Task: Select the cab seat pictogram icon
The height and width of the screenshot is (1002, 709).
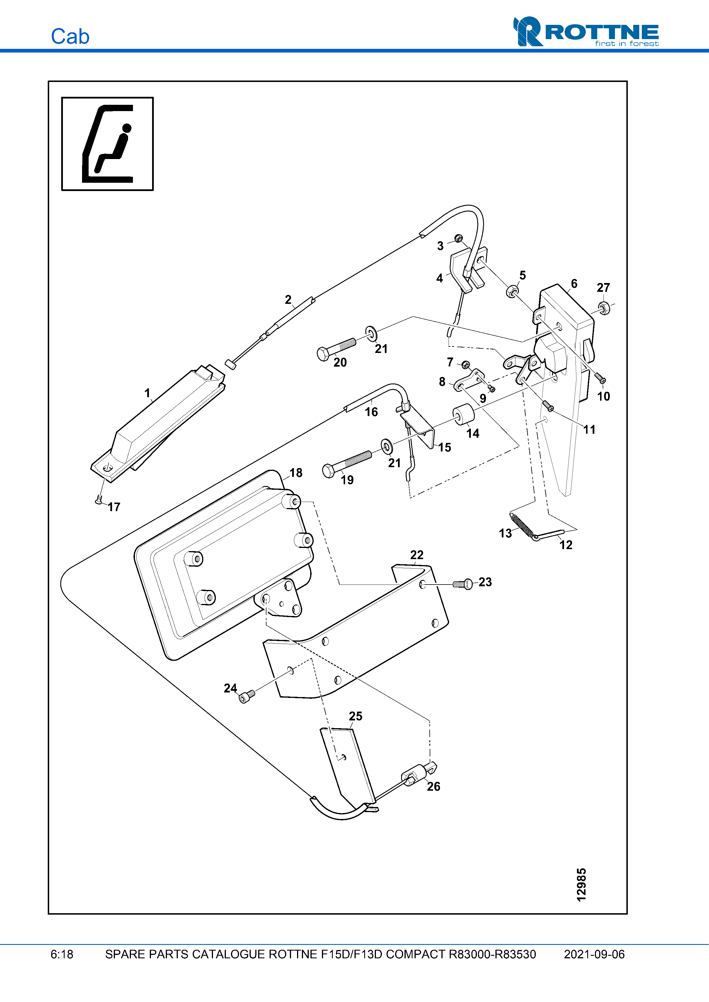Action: click(107, 144)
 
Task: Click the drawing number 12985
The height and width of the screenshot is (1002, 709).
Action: click(581, 885)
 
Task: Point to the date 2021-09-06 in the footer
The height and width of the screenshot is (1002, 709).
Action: click(594, 954)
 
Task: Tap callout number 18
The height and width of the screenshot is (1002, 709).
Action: click(296, 473)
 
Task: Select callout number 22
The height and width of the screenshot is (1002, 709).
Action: click(417, 555)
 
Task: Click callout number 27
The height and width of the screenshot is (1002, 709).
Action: click(603, 288)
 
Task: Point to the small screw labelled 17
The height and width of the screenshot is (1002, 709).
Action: click(99, 500)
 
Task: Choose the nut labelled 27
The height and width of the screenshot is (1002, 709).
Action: click(604, 308)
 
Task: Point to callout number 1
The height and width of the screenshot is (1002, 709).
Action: click(147, 393)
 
